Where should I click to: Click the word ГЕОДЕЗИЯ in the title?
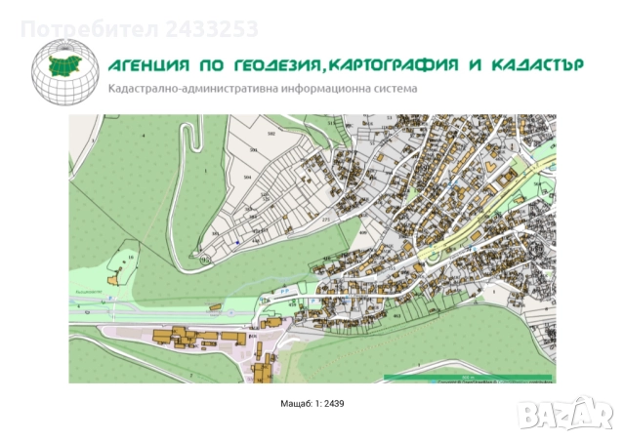pyautogui.click(x=273, y=65)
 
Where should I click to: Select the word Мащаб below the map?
pyautogui.click(x=294, y=403)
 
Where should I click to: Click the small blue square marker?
pyautogui.click(x=236, y=241)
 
